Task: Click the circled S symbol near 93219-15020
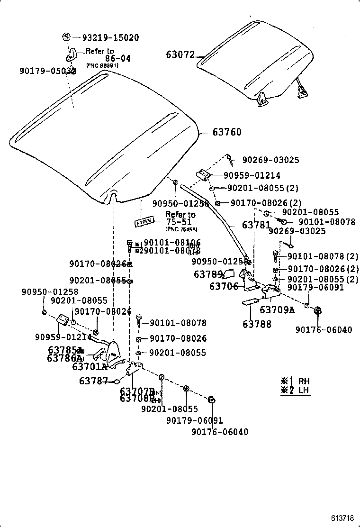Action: [x=67, y=37]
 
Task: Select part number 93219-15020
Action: [x=110, y=37]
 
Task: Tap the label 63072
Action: [x=180, y=55]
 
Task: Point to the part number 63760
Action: [x=226, y=132]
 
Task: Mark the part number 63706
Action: [x=224, y=286]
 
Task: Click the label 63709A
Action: [x=277, y=310]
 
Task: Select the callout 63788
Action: [x=257, y=324]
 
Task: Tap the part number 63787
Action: [x=93, y=381]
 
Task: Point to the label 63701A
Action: [x=90, y=366]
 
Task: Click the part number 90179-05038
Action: [x=48, y=71]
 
